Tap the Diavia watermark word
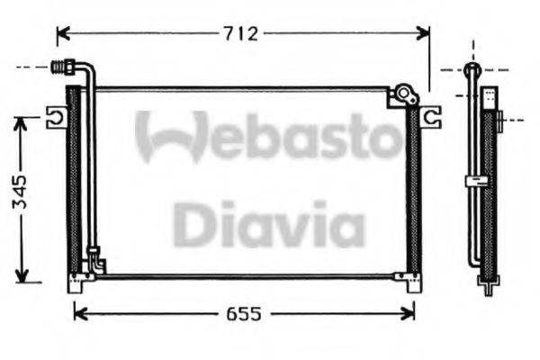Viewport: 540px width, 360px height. coord(269,225)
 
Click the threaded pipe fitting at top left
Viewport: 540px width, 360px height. coord(65,66)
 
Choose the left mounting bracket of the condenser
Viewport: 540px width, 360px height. coord(56,115)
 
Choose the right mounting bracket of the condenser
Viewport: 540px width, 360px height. coord(432,114)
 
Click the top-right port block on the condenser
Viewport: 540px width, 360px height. coord(402,95)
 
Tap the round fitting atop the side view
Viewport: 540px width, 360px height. coord(472,69)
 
